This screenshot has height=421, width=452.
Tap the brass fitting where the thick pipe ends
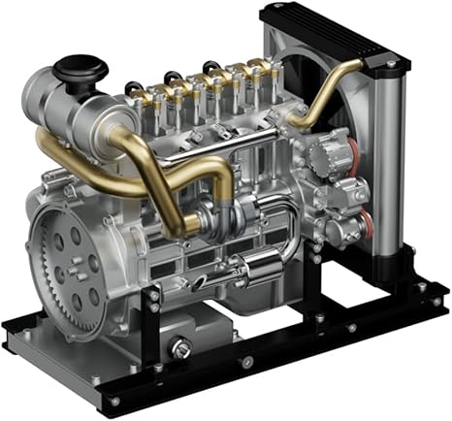(194, 225)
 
